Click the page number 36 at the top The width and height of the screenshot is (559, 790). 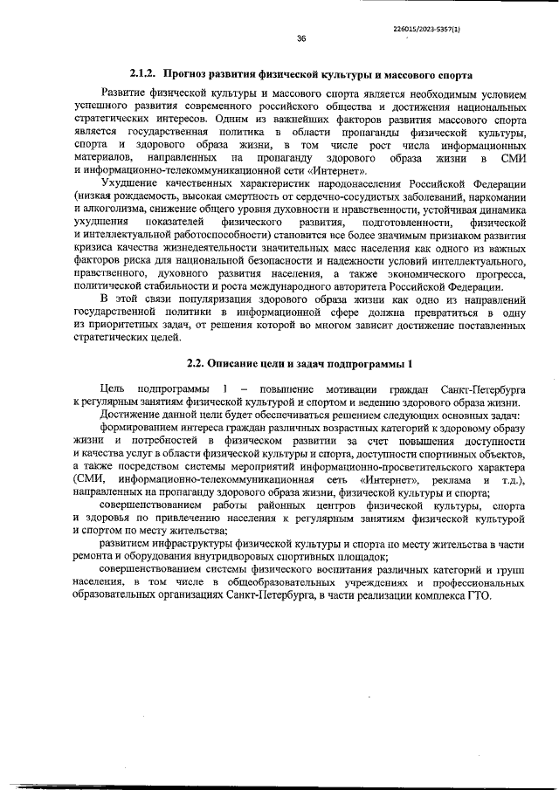point(300,38)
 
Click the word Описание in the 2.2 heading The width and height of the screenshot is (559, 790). point(246,362)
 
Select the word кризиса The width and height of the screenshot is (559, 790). point(94,250)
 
